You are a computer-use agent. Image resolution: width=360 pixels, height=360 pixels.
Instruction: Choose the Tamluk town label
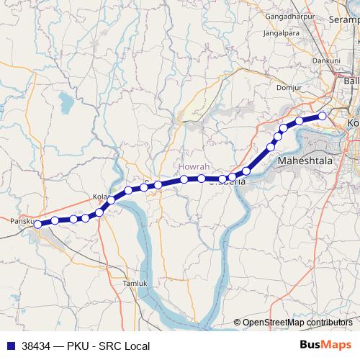tap(135, 283)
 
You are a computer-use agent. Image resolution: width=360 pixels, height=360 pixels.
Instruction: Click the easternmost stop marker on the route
tap(323, 116)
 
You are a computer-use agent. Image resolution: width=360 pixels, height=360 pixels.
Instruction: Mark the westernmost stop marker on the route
tap(37, 224)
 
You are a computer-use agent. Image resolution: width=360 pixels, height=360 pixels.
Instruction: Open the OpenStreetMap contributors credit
tap(297, 323)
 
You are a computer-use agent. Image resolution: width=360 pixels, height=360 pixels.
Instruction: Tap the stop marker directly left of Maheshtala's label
tap(271, 147)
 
